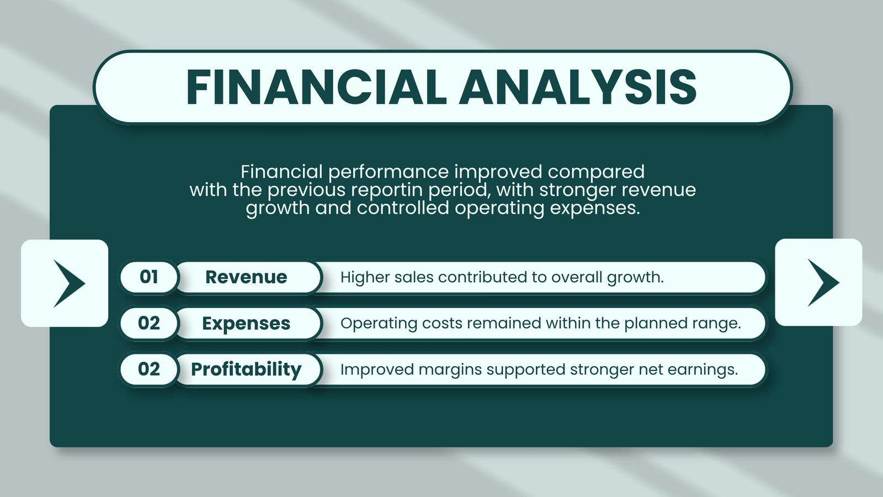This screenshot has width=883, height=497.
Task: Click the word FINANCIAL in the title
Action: point(317,87)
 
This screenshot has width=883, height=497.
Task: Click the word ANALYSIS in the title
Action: point(578,87)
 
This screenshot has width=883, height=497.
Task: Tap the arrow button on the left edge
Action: point(65,283)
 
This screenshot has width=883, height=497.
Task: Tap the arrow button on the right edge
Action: point(819,282)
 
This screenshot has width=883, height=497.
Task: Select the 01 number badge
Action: point(149,277)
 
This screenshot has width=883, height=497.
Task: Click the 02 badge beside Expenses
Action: point(149,323)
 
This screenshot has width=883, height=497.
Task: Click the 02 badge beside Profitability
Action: point(149,369)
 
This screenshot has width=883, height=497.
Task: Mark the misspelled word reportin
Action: point(387,190)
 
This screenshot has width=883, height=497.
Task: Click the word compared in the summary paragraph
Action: point(596,172)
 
